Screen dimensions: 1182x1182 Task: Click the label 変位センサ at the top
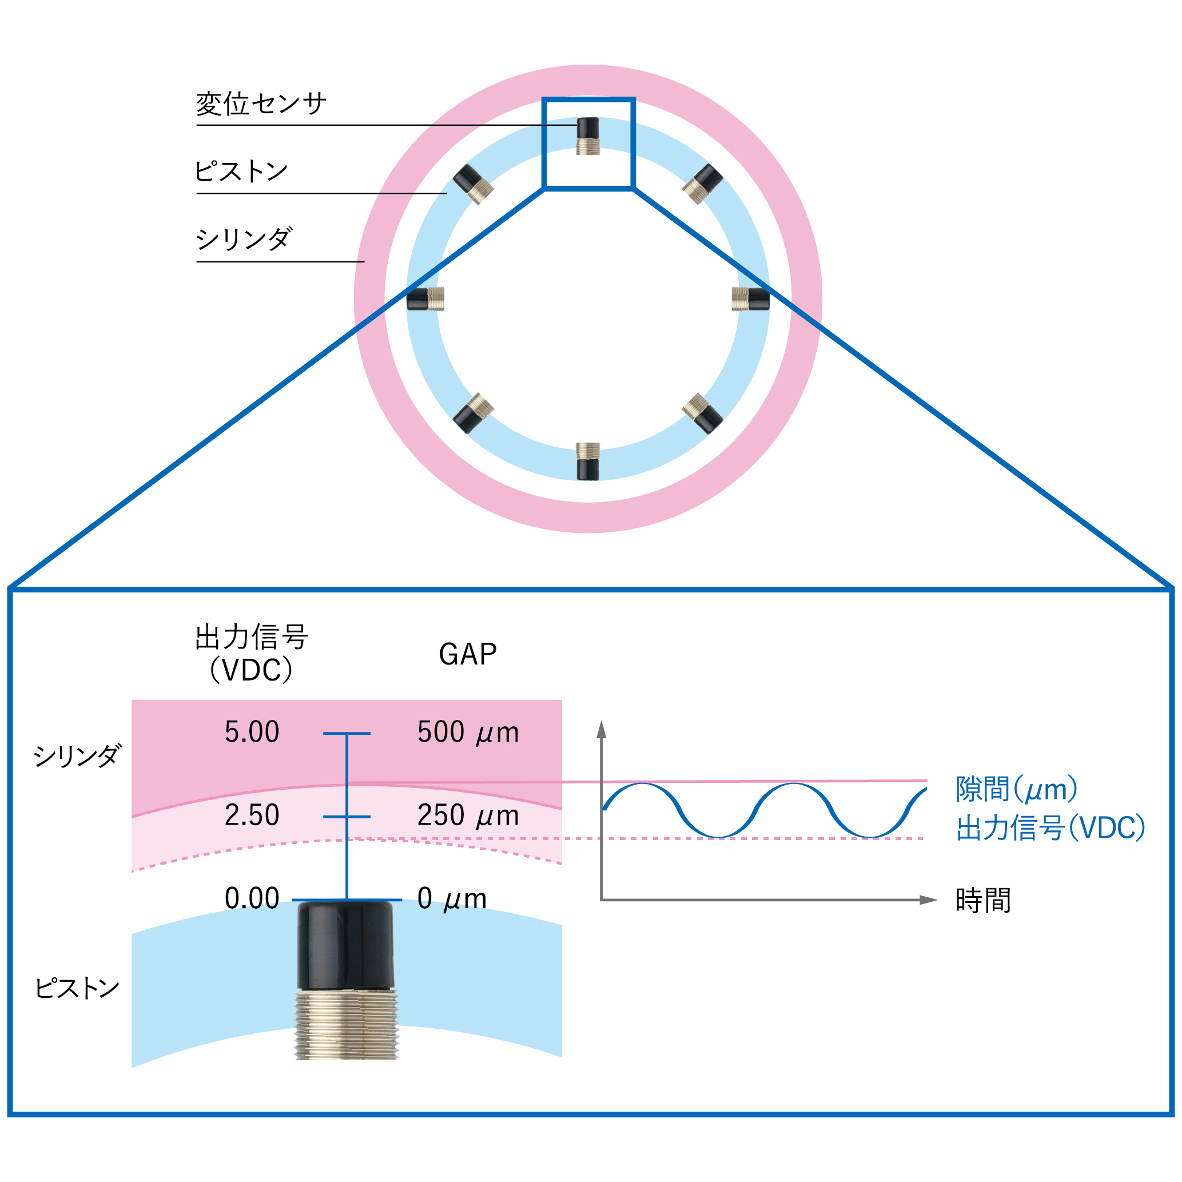tap(261, 104)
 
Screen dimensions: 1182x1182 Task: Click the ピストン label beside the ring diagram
tap(241, 172)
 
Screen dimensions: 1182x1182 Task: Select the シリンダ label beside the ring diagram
tap(244, 239)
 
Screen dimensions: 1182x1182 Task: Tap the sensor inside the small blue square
tap(588, 136)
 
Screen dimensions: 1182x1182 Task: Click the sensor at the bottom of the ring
tap(588, 461)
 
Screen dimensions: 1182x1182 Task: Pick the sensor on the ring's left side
tap(425, 299)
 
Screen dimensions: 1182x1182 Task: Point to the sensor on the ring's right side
tap(751, 299)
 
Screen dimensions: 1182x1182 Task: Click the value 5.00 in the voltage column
tap(252, 733)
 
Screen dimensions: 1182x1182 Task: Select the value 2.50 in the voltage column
tap(252, 815)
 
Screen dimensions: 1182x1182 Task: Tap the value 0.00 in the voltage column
tap(252, 899)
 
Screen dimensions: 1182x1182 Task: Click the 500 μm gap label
tap(468, 733)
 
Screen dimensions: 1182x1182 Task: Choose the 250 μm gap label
tap(468, 815)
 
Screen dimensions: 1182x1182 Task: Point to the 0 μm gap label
tap(452, 899)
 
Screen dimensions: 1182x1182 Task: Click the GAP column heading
tap(468, 655)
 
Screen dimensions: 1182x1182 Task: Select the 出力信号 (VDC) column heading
tap(252, 654)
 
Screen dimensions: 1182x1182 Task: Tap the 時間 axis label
tap(983, 901)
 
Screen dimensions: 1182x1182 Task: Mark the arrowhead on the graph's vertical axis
tap(602, 729)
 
